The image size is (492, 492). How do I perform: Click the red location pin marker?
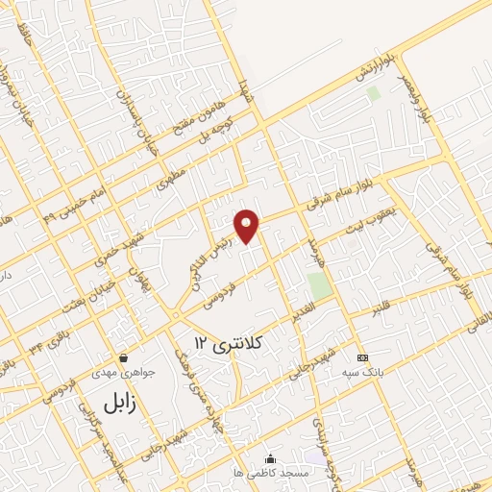click(248, 225)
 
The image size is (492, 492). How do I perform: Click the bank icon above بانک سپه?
click(361, 356)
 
